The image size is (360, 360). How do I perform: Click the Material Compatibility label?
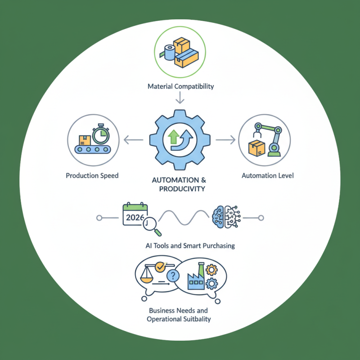tap(180, 86)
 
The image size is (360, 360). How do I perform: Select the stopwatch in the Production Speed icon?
tap(101, 134)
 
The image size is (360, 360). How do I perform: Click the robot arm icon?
tap(268, 139)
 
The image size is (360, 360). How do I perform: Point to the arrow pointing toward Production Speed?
tap(133, 139)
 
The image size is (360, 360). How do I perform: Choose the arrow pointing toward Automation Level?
tap(225, 139)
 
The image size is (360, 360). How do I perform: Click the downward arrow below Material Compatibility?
tap(180, 98)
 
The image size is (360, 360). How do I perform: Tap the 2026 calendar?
tap(135, 214)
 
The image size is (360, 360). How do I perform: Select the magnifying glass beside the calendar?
tap(152, 226)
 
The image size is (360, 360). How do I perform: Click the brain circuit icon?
tap(226, 217)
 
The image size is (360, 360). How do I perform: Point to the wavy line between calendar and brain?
tap(184, 217)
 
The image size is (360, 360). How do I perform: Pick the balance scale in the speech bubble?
tap(147, 274)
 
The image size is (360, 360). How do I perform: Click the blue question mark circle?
tap(173, 275)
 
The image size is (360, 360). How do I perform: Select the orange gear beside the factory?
tap(211, 270)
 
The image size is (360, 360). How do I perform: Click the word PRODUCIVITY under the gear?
tap(182, 189)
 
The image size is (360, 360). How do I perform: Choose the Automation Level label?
tap(268, 175)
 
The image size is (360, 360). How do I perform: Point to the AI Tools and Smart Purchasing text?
tap(190, 246)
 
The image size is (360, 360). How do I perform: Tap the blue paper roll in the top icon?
tap(170, 53)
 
